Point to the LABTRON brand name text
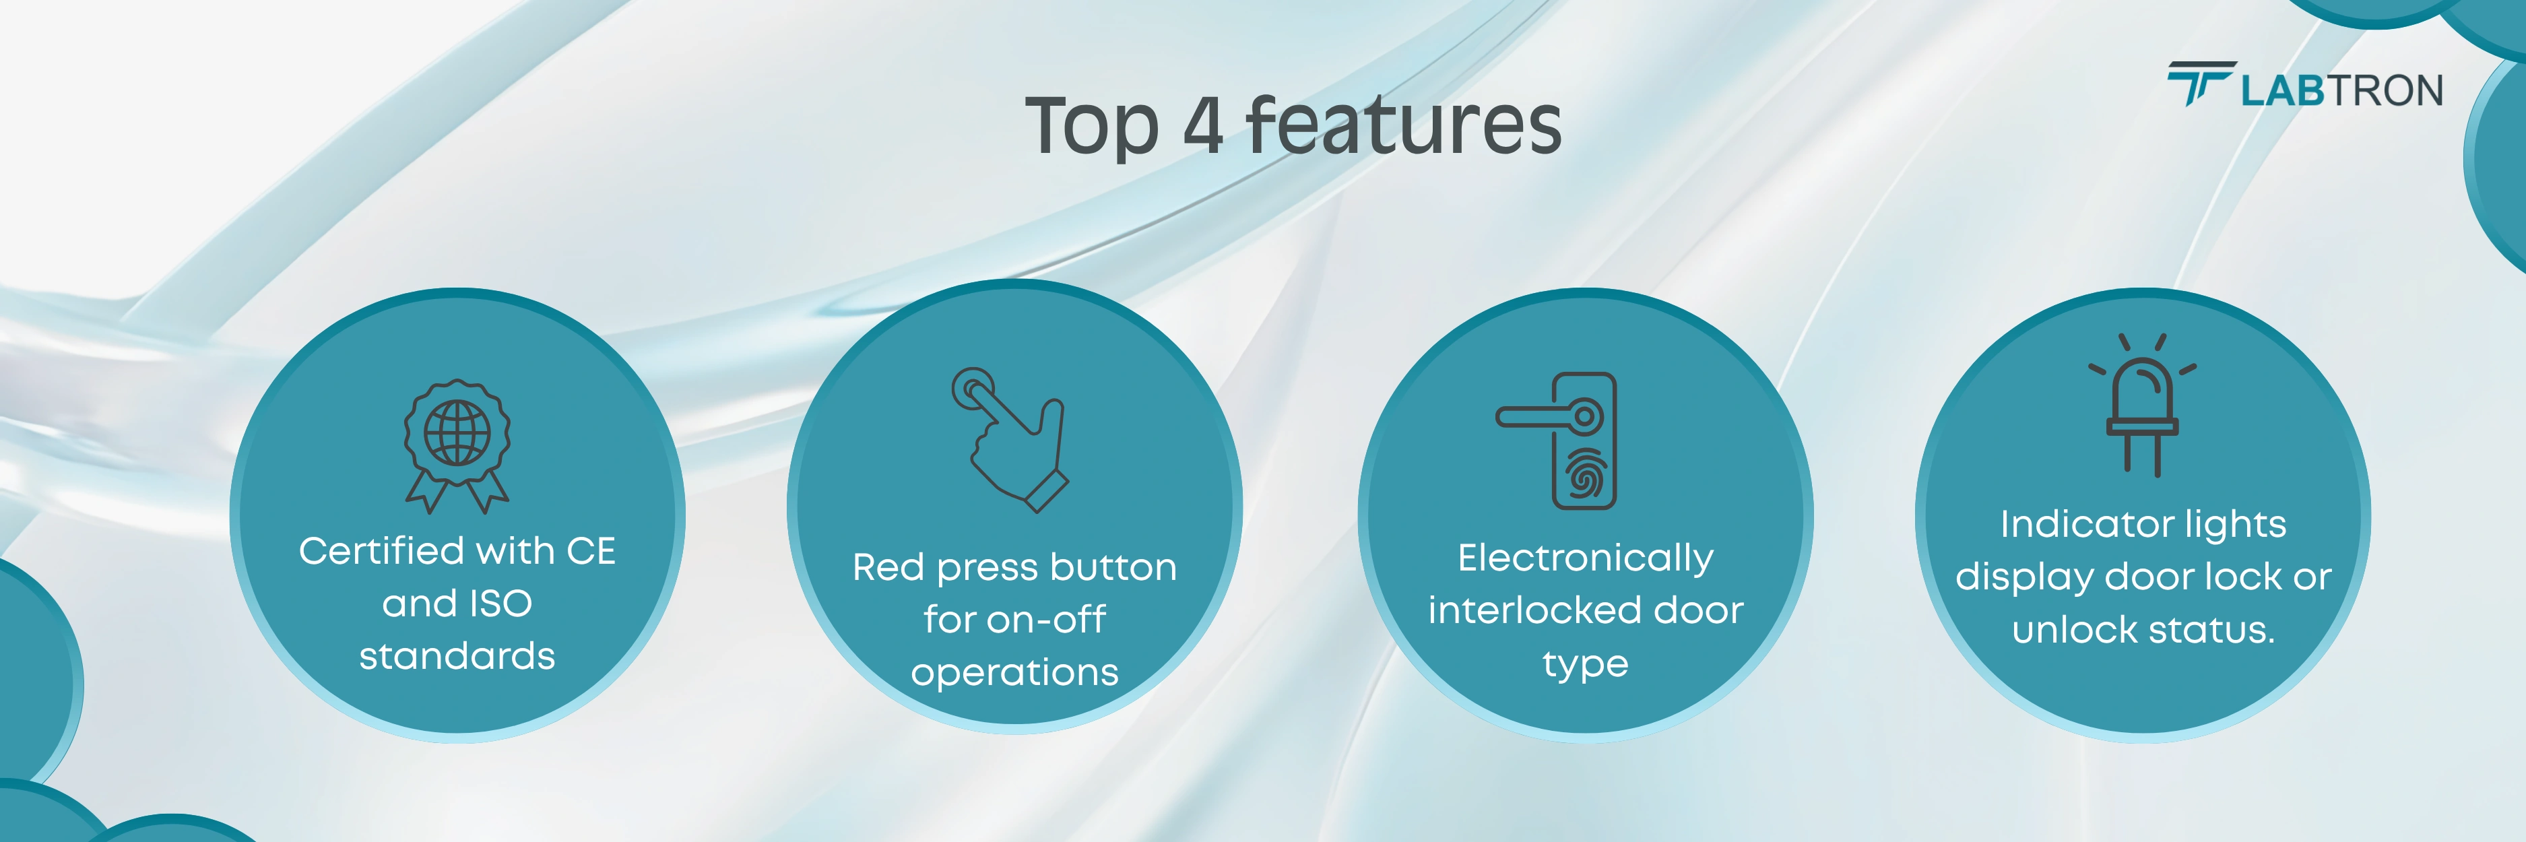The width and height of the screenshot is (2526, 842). pos(2341,90)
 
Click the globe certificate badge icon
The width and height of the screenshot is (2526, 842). pos(457,446)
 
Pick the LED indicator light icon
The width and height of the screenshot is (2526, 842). pos(2143,405)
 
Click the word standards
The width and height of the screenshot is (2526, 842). pos(457,656)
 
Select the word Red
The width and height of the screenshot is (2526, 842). pos(889,568)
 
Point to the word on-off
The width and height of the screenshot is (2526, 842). pos(1046,620)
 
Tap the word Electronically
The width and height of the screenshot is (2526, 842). pos(1586,558)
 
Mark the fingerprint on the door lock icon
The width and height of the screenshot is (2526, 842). pos(1584,474)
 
